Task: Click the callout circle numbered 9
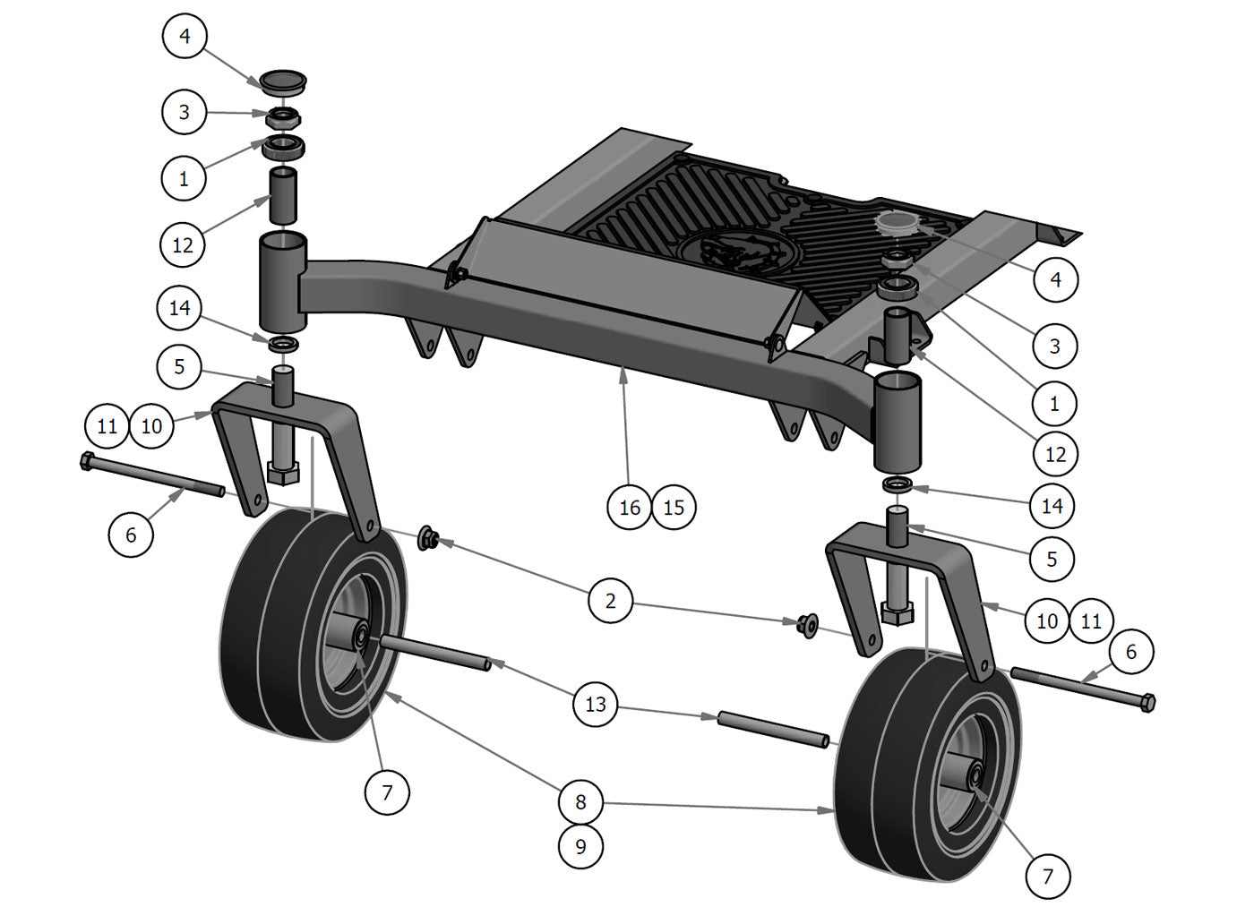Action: (580, 845)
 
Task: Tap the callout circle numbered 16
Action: (630, 507)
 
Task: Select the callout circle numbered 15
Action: (674, 507)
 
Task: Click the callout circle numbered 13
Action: (596, 704)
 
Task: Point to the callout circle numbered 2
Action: (611, 600)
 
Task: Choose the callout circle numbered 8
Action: (580, 801)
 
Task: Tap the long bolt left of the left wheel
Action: (152, 476)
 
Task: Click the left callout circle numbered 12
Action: (183, 244)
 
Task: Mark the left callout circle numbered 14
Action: (180, 308)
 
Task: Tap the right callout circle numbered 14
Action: (1052, 506)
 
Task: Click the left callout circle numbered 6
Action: (131, 535)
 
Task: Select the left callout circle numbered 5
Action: (180, 366)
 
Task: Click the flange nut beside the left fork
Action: (428, 538)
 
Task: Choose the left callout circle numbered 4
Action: (185, 36)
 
